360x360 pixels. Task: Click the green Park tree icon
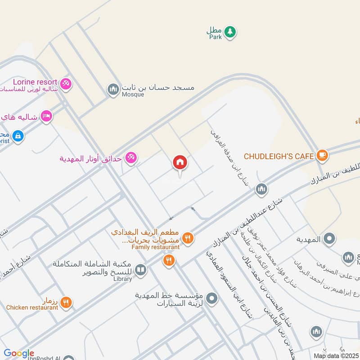tap(230, 32)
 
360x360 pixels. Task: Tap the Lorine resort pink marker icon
tap(66, 84)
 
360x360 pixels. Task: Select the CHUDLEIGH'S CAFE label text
tap(279, 156)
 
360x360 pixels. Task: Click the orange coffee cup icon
tap(322, 156)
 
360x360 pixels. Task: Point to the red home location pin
tap(180, 163)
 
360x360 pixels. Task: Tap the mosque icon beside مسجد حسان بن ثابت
tap(113, 90)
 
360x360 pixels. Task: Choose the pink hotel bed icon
tap(47, 116)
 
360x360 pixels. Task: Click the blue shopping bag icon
tap(18, 135)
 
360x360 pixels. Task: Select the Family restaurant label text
tap(155, 247)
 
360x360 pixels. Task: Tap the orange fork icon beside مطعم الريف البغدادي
tap(188, 238)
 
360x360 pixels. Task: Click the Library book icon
tap(140, 270)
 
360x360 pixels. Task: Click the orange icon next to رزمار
tap(66, 303)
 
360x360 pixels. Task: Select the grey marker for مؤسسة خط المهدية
tap(213, 297)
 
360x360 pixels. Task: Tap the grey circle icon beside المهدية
tap(329, 239)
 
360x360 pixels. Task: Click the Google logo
tap(19, 353)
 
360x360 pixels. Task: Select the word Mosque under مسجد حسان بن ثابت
tap(133, 94)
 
